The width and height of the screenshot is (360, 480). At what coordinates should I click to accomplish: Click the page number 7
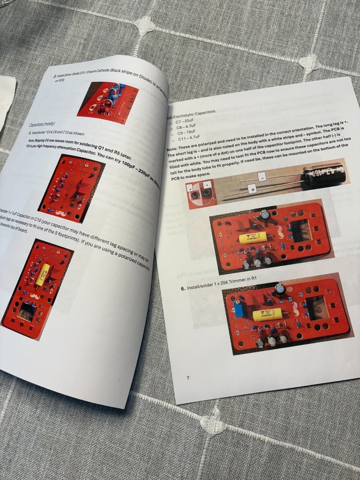(x=188, y=378)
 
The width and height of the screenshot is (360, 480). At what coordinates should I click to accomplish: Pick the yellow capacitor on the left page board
(x=43, y=274)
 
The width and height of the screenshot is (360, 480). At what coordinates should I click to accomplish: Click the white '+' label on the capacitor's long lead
(x=253, y=190)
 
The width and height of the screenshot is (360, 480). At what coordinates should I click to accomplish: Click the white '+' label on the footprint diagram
(x=207, y=185)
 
